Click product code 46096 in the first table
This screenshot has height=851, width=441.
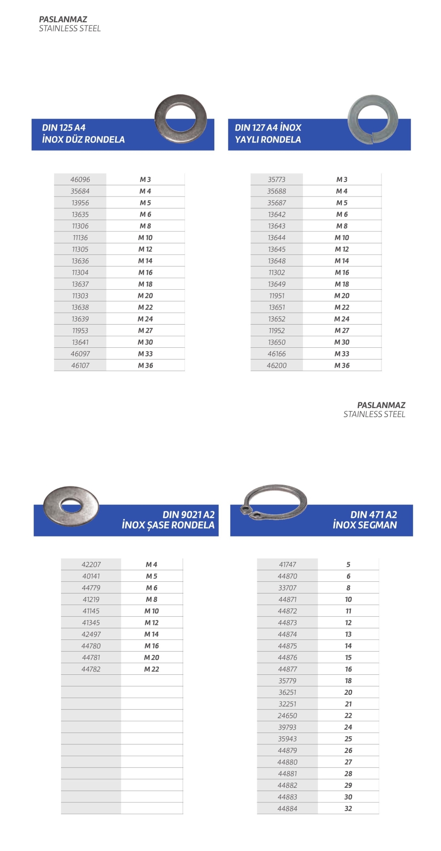[x=80, y=180]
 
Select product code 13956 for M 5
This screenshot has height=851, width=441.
[x=80, y=203]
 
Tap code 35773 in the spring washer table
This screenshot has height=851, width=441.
[x=277, y=180]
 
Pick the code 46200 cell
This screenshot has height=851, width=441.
[x=277, y=366]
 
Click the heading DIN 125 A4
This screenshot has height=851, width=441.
[x=64, y=128]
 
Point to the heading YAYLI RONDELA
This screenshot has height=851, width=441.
[x=268, y=140]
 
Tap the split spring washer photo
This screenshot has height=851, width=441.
[x=372, y=119]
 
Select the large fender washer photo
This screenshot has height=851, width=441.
[x=71, y=504]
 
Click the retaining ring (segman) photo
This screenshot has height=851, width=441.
[x=274, y=502]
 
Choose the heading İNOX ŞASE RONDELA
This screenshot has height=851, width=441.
[x=168, y=525]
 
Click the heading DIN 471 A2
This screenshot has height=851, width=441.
[x=373, y=514]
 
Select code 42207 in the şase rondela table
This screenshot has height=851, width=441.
[x=91, y=565]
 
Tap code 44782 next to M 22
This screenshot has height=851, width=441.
[x=91, y=669]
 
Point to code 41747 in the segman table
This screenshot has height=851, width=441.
[x=287, y=565]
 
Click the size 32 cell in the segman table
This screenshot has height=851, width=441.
[x=348, y=809]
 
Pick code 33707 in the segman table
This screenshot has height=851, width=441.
[x=287, y=588]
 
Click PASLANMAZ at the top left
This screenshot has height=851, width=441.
[x=63, y=19]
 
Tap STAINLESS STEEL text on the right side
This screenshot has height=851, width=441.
[x=374, y=414]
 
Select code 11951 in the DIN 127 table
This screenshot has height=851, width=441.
[x=277, y=296]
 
